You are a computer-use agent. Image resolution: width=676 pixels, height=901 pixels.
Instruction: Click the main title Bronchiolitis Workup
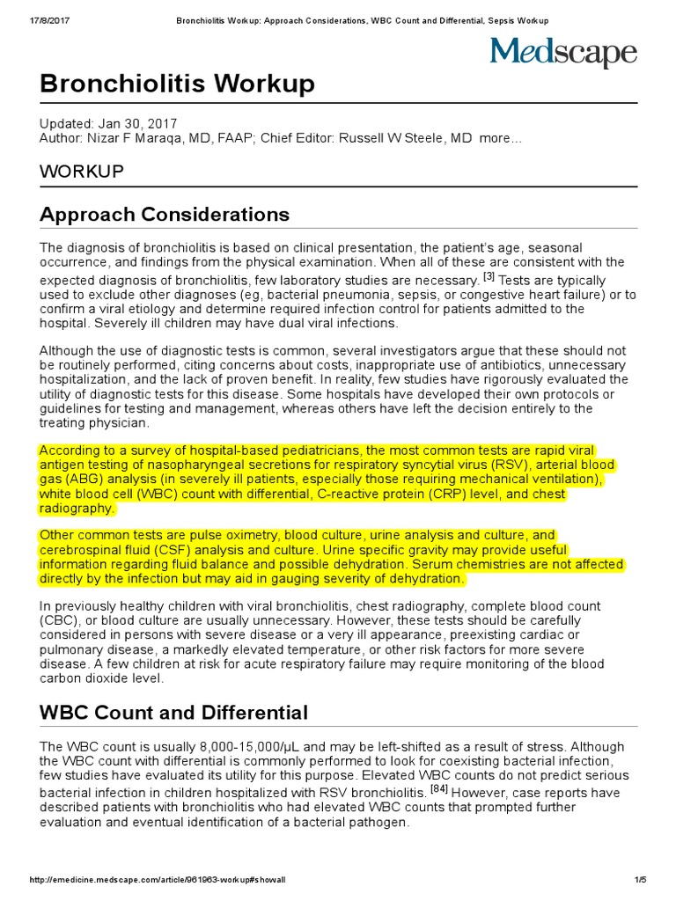(x=177, y=84)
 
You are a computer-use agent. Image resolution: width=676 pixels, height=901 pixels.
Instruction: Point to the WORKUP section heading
(x=82, y=171)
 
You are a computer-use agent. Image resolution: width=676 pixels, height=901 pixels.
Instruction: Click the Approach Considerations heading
(x=165, y=214)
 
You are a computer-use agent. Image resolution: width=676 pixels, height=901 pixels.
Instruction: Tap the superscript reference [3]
(x=489, y=275)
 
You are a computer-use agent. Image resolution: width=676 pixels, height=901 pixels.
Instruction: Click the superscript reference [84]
(x=439, y=788)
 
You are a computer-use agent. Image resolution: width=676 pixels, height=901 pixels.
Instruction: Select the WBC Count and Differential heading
(x=173, y=712)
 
